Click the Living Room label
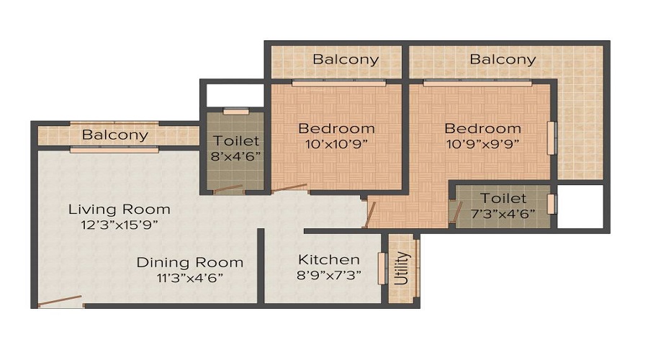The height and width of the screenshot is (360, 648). click(119, 210)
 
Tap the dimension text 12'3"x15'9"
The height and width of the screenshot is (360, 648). click(120, 225)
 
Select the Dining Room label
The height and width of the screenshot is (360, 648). click(189, 263)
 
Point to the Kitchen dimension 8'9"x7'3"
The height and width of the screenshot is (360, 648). click(329, 274)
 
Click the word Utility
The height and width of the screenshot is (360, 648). click(402, 269)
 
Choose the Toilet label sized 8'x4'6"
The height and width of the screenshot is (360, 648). click(236, 141)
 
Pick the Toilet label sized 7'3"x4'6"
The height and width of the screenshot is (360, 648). click(503, 199)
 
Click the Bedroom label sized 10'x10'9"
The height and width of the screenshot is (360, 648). click(336, 129)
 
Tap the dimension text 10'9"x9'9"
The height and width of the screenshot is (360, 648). click(482, 144)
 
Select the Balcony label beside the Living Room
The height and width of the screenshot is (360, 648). click(115, 135)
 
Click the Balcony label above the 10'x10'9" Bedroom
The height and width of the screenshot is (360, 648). click(346, 60)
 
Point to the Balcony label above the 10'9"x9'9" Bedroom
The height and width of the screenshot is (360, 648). click(503, 60)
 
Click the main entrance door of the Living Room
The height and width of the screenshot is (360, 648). click(60, 301)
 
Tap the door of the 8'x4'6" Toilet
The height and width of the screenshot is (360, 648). click(228, 189)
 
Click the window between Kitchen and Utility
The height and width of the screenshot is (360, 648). click(382, 269)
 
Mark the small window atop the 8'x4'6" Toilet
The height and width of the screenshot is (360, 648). click(236, 111)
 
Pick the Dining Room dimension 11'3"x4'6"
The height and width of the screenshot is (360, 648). click(189, 278)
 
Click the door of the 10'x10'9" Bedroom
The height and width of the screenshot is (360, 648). click(289, 188)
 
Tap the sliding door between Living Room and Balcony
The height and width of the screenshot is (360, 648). click(114, 150)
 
